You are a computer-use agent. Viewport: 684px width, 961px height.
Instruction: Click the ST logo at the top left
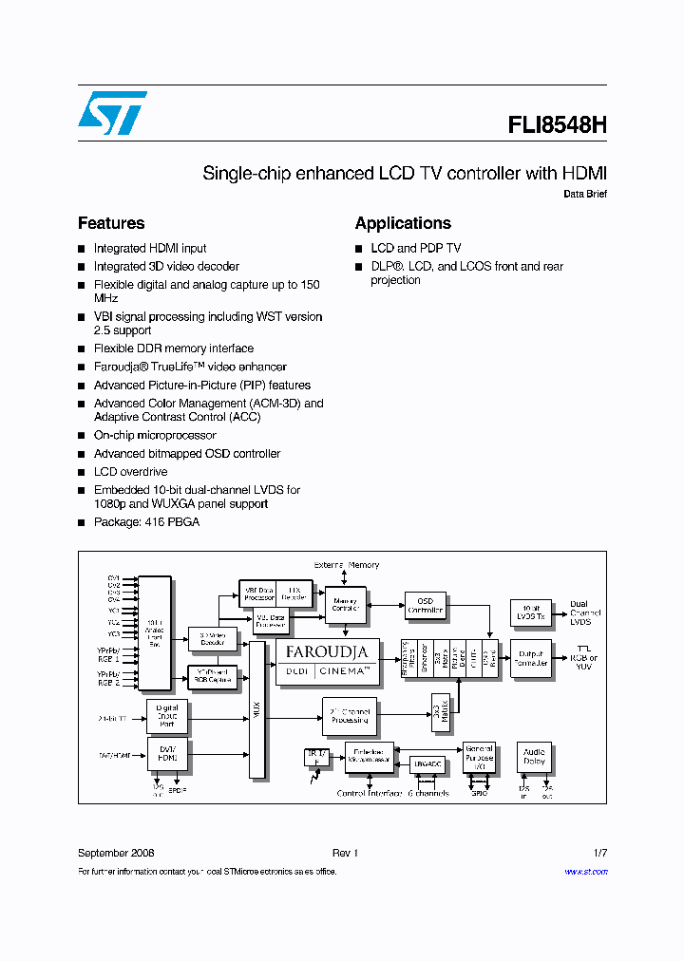pos(112,113)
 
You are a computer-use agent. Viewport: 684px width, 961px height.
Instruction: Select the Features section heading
pos(111,223)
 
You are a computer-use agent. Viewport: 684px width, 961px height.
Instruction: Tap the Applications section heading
pos(403,223)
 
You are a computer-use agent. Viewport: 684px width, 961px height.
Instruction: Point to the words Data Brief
pos(584,194)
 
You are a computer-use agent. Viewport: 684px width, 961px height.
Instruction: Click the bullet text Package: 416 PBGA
pos(146,522)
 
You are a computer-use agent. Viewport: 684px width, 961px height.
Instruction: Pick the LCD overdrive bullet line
pos(130,472)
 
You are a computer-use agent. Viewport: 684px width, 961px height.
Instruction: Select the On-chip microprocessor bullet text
pos(155,435)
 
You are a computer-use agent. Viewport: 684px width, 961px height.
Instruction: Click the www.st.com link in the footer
pos(585,872)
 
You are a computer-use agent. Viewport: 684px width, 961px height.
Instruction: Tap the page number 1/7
pos(599,853)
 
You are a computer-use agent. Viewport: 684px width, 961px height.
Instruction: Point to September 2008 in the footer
pos(116,853)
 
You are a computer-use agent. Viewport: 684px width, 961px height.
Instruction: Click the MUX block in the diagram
pos(256,709)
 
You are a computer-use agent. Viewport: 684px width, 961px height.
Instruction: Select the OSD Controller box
pos(425,606)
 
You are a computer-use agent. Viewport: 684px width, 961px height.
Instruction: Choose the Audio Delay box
pos(534,756)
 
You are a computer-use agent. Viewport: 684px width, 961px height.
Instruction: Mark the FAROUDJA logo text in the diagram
pos(327,652)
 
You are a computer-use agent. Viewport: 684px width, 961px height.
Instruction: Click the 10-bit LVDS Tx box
pos(529,612)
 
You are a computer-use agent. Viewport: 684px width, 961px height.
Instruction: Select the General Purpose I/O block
pos(478,756)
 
